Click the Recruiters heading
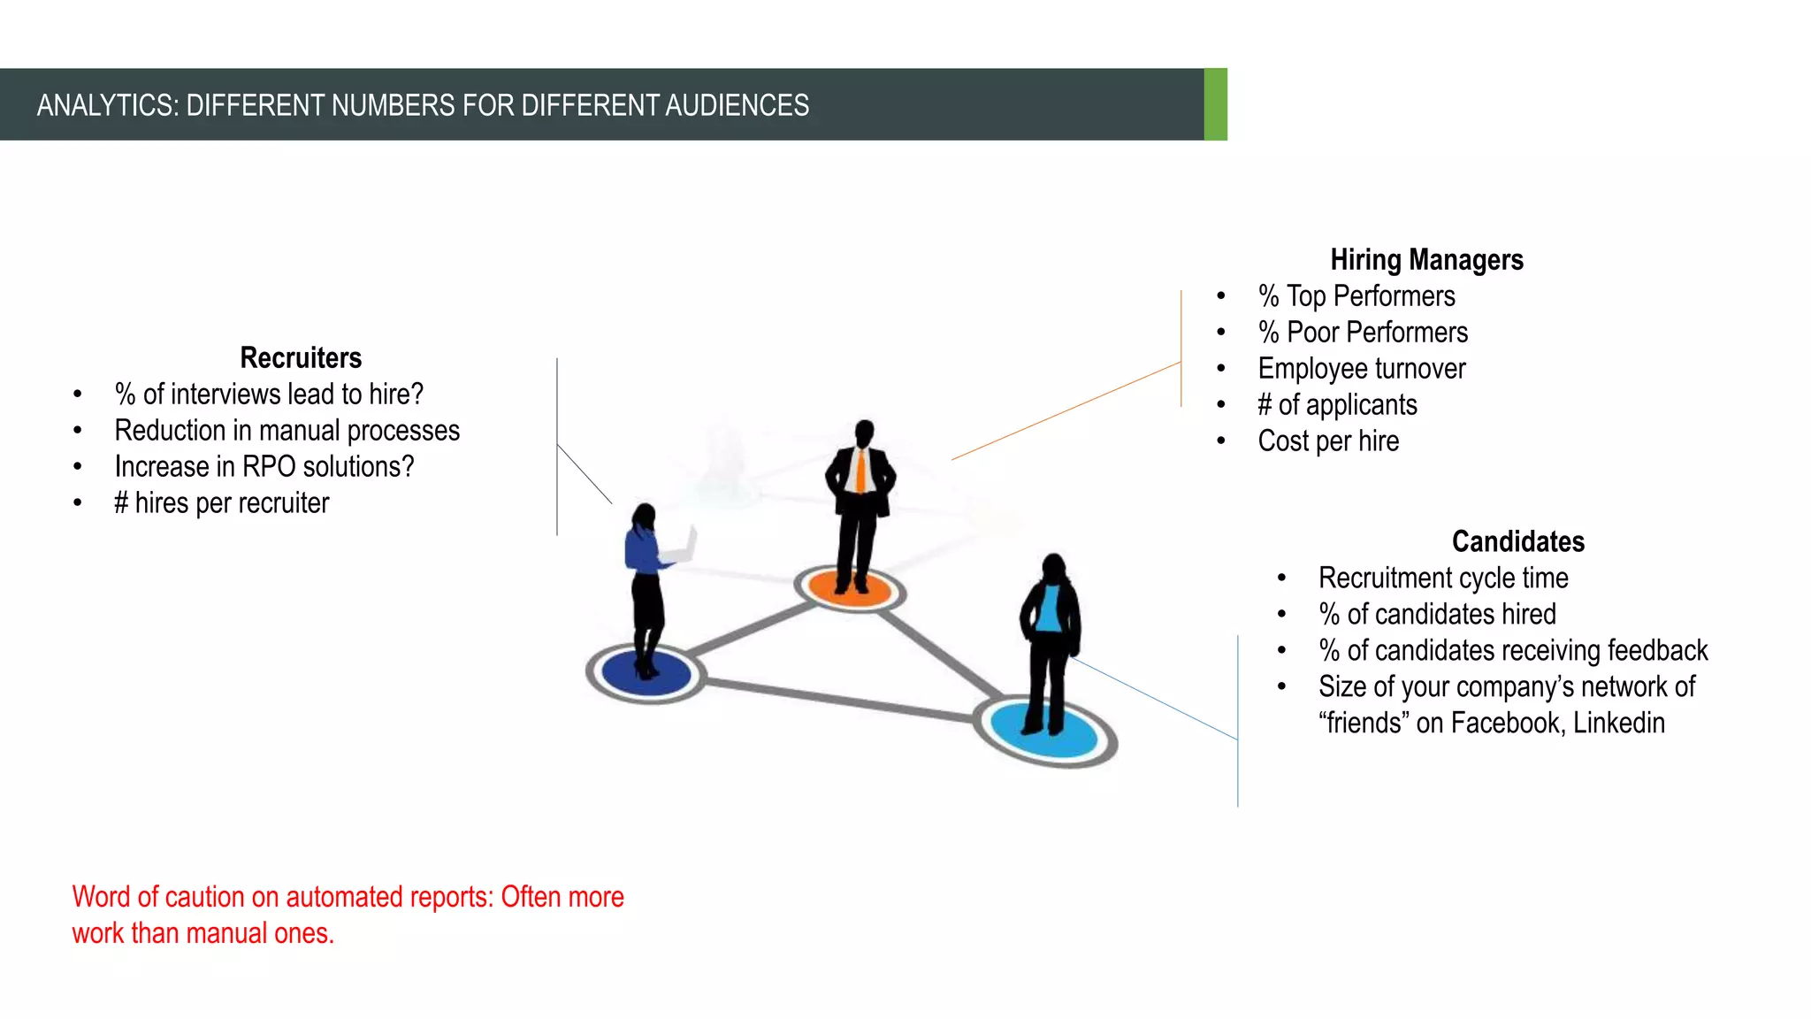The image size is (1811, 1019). (x=301, y=357)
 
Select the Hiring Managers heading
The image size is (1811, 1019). (x=1426, y=260)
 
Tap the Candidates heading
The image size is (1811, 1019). (x=1517, y=541)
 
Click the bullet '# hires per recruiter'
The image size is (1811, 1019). (x=221, y=503)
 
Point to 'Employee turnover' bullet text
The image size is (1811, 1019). (x=1361, y=369)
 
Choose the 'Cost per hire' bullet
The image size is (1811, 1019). (x=1328, y=441)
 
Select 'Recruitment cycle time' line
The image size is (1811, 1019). (x=1443, y=578)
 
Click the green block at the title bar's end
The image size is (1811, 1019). (x=1216, y=104)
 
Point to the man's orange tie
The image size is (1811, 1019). (x=860, y=471)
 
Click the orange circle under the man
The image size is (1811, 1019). (x=849, y=588)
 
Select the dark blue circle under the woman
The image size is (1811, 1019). (x=646, y=674)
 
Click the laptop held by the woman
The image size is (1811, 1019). (x=682, y=548)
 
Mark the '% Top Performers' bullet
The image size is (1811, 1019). (x=1356, y=296)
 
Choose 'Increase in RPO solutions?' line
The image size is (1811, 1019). (x=264, y=467)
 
